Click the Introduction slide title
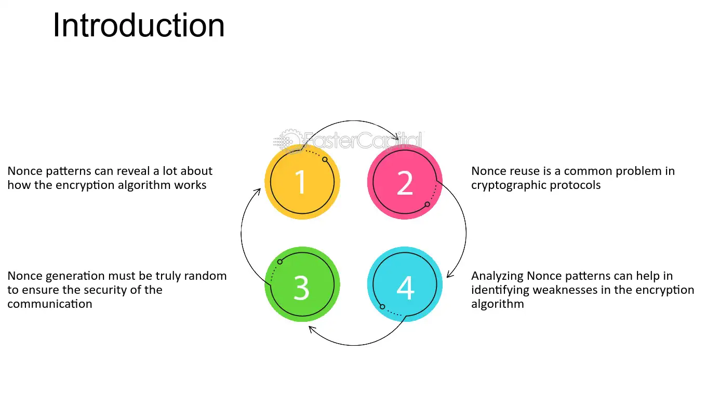[139, 25]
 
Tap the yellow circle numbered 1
[302, 182]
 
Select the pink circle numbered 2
[405, 182]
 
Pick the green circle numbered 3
[302, 284]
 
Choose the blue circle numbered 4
[405, 284]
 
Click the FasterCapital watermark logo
[348, 141]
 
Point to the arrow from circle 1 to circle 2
[353, 120]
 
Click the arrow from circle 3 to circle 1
[241, 233]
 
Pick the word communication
[50, 304]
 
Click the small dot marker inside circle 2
[427, 205]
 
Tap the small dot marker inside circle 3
[280, 262]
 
